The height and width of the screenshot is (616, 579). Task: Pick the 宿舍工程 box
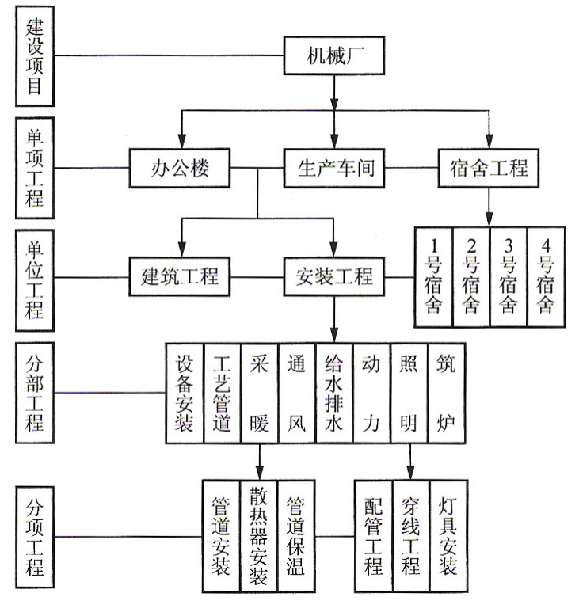coord(489,168)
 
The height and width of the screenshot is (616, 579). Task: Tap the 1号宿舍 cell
coord(433,276)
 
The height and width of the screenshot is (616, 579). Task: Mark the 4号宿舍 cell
coord(547,276)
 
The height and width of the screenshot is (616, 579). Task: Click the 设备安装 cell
coord(185,392)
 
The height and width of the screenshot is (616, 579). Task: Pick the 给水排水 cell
coord(334,392)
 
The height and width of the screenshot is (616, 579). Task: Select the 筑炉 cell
coord(447,392)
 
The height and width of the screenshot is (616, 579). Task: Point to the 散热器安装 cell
coord(259,535)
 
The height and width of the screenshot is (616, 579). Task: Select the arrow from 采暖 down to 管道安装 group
coord(259,460)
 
